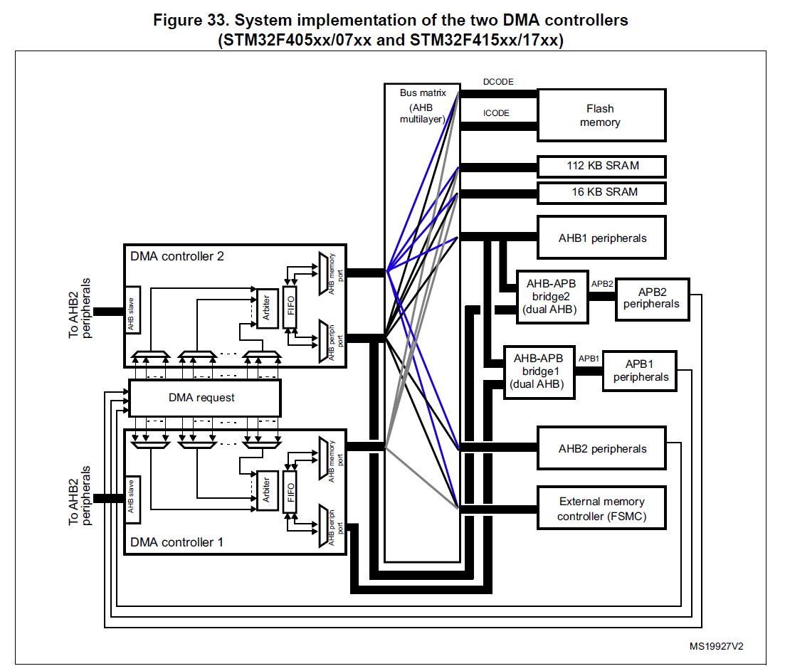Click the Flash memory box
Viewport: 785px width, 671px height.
point(601,115)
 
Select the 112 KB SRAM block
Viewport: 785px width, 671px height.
point(601,167)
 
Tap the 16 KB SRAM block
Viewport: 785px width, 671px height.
point(601,192)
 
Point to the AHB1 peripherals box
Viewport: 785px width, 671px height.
point(601,238)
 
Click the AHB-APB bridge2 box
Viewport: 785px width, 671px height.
point(552,297)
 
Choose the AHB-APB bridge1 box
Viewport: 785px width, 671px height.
point(539,371)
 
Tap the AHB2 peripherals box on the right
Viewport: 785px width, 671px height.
point(601,448)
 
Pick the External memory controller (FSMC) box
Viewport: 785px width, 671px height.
point(601,508)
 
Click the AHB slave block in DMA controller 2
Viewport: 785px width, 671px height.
point(133,310)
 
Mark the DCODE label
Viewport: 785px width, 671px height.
point(498,83)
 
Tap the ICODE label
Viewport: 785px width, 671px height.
point(497,113)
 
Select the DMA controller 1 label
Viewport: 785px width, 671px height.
point(177,542)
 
